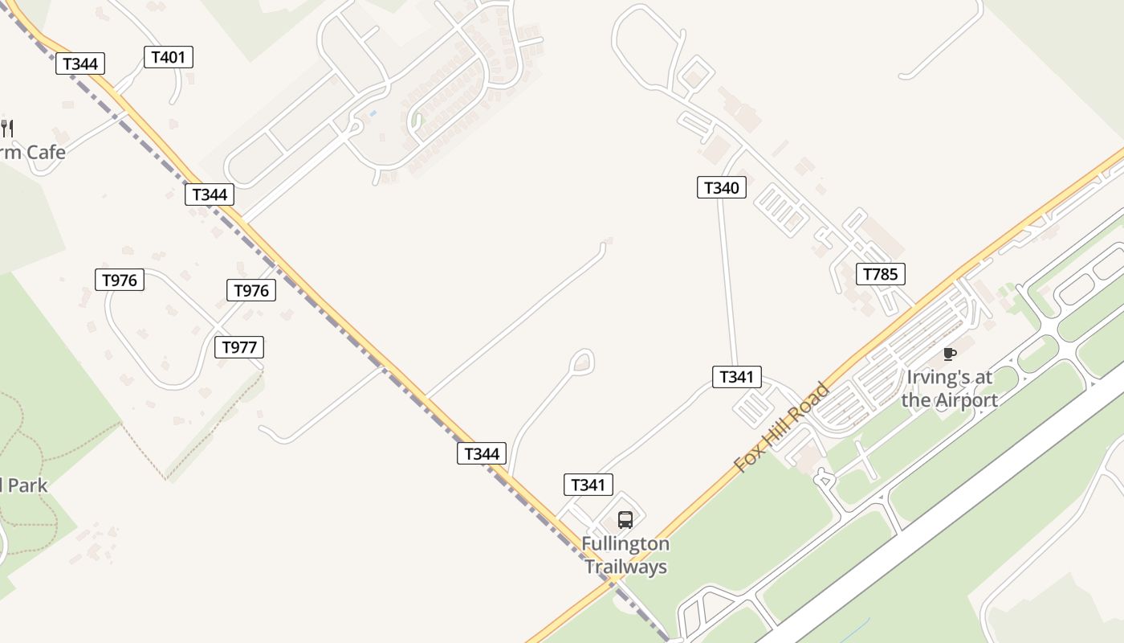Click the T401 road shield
[x=168, y=57]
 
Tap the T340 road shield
[x=721, y=188]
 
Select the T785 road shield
[x=880, y=274]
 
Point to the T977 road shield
[x=239, y=347]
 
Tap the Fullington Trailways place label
[x=625, y=555]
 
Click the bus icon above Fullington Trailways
[x=625, y=519]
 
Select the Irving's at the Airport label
[x=949, y=388]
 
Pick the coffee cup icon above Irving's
[x=950, y=354]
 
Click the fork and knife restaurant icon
[x=7, y=127]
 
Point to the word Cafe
[x=46, y=152]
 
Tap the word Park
[x=28, y=485]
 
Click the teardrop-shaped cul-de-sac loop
[x=581, y=362]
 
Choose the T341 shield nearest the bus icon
[x=588, y=485]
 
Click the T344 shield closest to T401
[x=80, y=63]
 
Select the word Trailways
[x=625, y=567]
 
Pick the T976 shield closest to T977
[x=251, y=290]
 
